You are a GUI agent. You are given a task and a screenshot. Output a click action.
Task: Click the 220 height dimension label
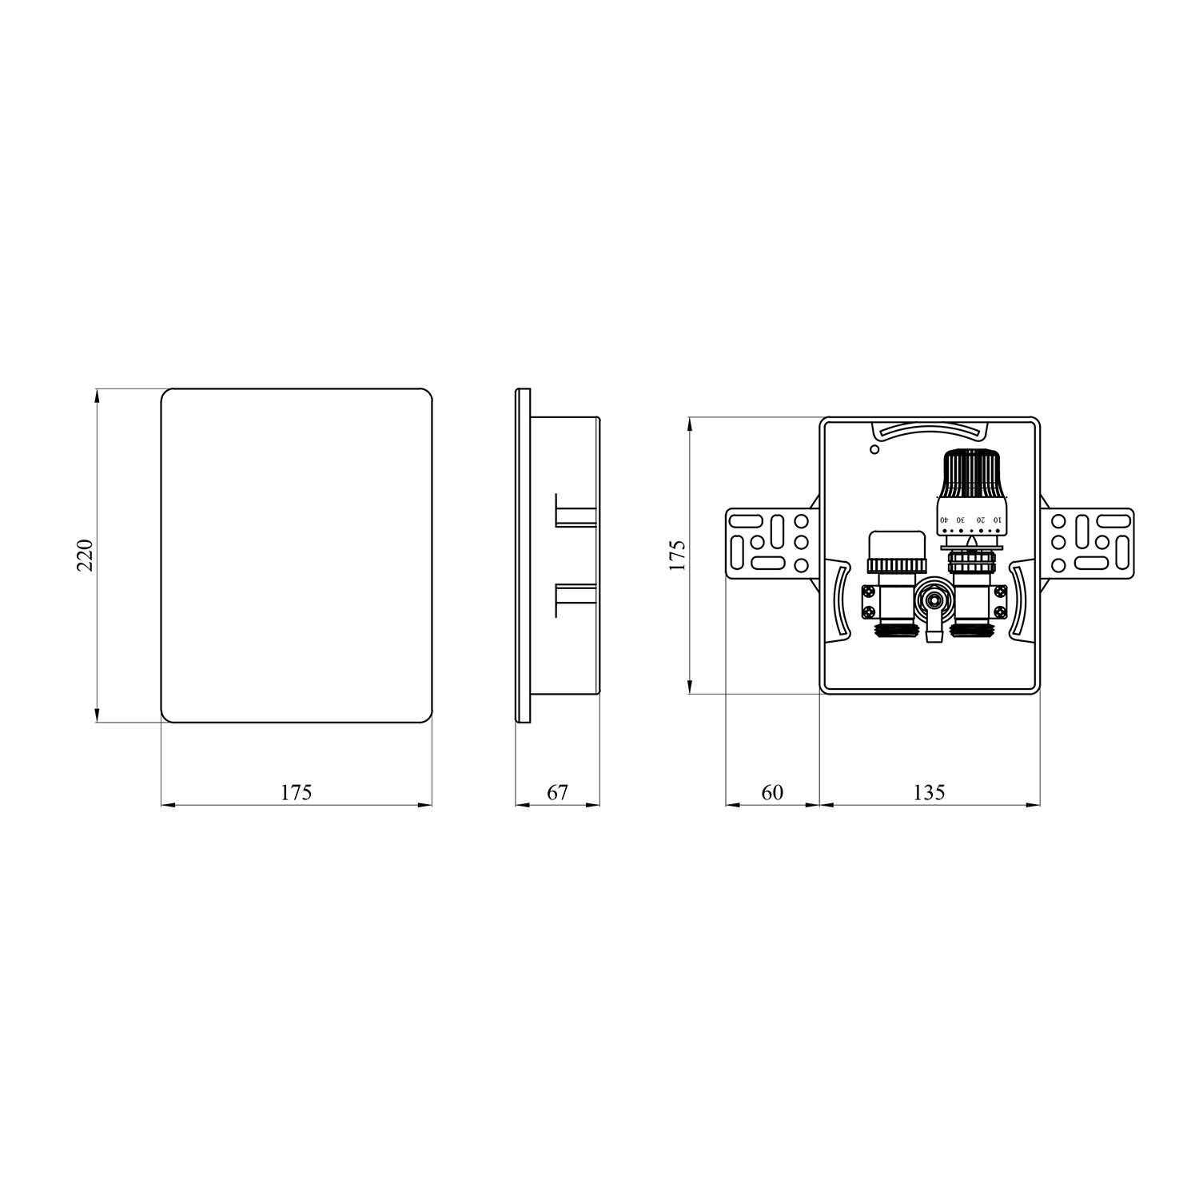pos(86,555)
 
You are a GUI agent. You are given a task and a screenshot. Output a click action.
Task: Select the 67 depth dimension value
pos(557,792)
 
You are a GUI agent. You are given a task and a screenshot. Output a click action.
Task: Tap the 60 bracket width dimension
pos(772,792)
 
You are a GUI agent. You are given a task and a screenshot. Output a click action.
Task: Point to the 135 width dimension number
pos(929,792)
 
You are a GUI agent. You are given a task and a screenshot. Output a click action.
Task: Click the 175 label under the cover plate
pos(296,792)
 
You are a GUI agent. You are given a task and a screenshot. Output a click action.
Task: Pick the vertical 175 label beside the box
pos(678,555)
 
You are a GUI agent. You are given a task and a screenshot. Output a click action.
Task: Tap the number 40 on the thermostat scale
pos(944,520)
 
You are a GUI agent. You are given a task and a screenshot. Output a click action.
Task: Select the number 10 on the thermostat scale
pos(996,520)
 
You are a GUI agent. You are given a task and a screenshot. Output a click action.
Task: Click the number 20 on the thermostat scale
pos(980,520)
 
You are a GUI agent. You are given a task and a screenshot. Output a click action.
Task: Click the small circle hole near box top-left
pos(874,450)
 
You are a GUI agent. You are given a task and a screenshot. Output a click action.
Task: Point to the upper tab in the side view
pos(576,509)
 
